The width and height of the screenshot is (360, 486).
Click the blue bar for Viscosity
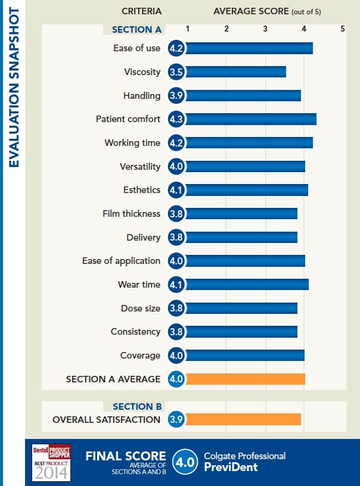235,72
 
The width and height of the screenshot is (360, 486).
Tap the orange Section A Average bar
245,379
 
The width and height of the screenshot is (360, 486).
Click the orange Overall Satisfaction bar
243,419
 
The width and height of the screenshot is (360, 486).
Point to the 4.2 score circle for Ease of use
176,48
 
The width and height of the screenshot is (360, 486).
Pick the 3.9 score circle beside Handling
176,96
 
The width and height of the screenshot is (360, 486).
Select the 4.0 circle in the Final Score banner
182,462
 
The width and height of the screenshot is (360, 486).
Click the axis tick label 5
343,29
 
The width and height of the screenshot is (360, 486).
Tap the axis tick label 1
188,29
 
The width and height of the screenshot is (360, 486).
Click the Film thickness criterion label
131,213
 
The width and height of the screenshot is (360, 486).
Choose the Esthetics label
141,190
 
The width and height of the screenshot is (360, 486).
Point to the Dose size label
141,308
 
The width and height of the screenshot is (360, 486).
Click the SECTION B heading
137,406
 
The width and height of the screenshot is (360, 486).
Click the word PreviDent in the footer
231,467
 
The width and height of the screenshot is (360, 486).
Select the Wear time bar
247,285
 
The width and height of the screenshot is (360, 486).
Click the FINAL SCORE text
122,456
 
